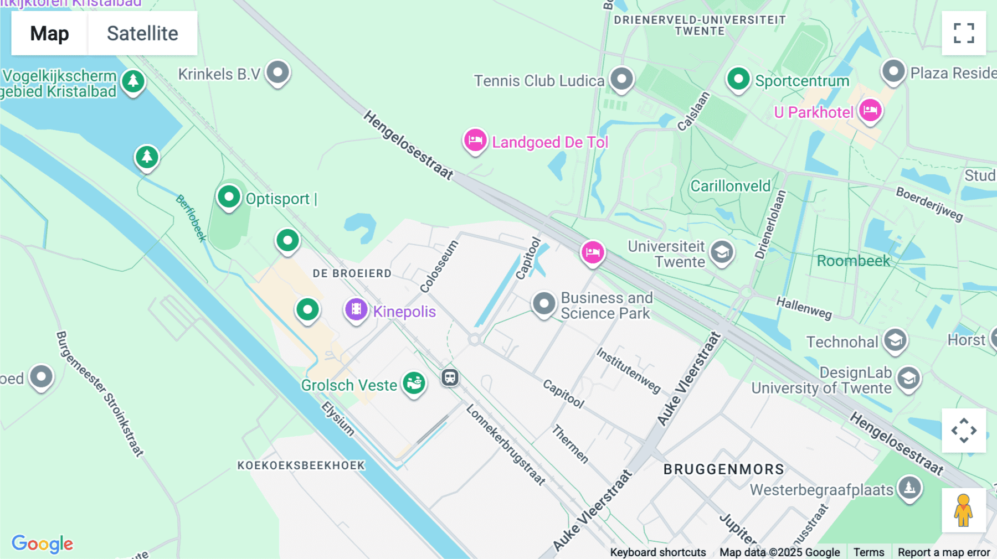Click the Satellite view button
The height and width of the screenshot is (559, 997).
pyautogui.click(x=142, y=33)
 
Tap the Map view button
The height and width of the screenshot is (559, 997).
pyautogui.click(x=49, y=33)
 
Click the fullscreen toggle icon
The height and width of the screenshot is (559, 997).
pyautogui.click(x=964, y=33)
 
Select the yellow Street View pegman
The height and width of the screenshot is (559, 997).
pyautogui.click(x=963, y=510)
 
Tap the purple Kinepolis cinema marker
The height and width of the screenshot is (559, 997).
pyautogui.click(x=356, y=309)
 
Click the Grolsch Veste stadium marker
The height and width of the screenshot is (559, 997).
pyautogui.click(x=414, y=382)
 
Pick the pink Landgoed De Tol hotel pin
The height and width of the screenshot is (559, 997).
pyautogui.click(x=475, y=140)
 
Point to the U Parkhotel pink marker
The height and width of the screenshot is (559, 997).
pyautogui.click(x=870, y=110)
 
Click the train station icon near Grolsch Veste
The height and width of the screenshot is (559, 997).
pyautogui.click(x=450, y=378)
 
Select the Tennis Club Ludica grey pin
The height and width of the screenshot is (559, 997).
pyautogui.click(x=621, y=79)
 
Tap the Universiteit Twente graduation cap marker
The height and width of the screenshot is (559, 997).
pyautogui.click(x=722, y=252)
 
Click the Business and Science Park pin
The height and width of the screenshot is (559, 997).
pyautogui.click(x=543, y=303)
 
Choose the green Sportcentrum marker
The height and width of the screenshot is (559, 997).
pyautogui.click(x=738, y=79)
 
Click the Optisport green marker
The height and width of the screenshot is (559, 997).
pyautogui.click(x=229, y=196)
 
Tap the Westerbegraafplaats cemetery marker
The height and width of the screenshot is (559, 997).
pyautogui.click(x=909, y=488)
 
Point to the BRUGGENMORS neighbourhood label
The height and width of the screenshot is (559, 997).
pyautogui.click(x=723, y=469)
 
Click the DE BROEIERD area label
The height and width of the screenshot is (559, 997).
pyautogui.click(x=352, y=273)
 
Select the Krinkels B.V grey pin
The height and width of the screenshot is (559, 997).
pyautogui.click(x=277, y=72)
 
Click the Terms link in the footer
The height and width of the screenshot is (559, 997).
pyautogui.click(x=868, y=552)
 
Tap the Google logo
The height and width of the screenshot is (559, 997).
pyautogui.click(x=42, y=544)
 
